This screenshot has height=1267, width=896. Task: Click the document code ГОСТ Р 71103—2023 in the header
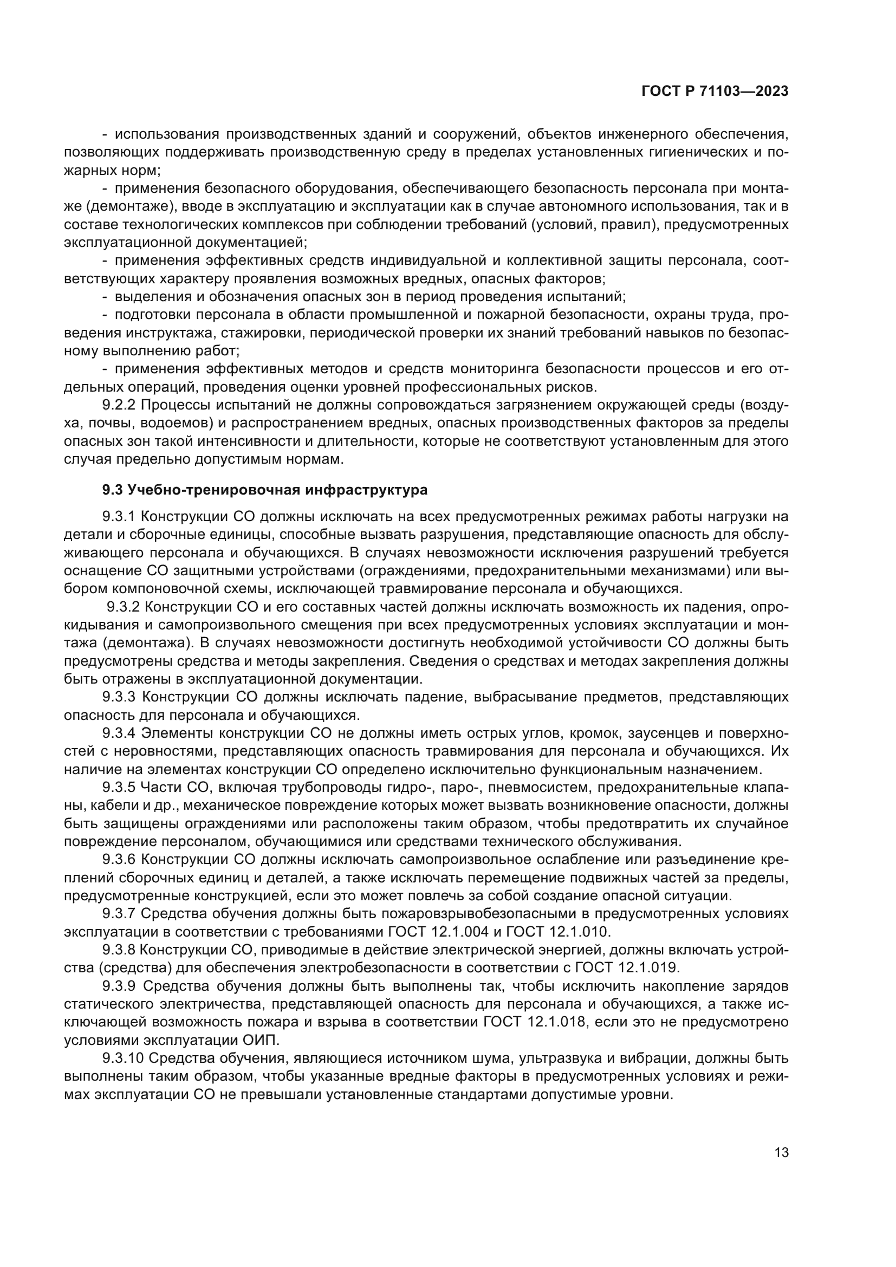[x=715, y=92]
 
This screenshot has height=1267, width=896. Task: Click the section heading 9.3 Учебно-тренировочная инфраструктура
[x=265, y=490]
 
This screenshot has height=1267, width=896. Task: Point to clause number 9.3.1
[x=119, y=517]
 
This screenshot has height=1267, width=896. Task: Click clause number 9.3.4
[x=119, y=733]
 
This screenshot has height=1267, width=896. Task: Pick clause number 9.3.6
[x=119, y=859]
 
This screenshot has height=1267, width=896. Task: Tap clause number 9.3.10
[x=122, y=1058]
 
